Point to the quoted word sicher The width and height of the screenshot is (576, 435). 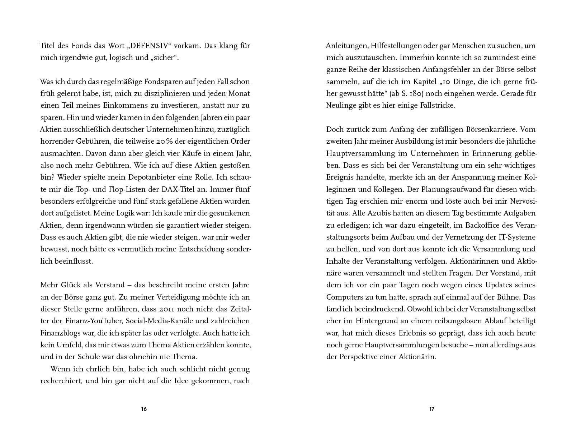pos(164,58)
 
